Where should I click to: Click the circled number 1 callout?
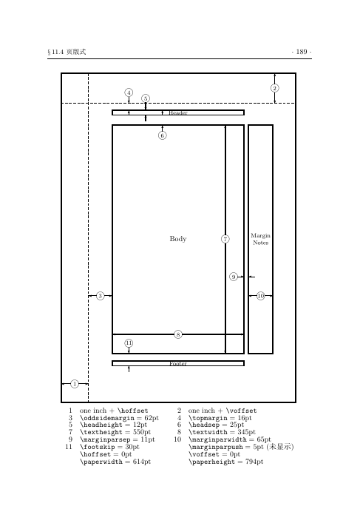[75, 384]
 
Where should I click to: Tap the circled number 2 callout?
[275, 88]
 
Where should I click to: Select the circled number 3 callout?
[101, 296]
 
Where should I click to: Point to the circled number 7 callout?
[225, 239]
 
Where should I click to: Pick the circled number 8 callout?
[178, 334]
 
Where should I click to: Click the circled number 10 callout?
[261, 296]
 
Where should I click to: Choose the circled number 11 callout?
[129, 343]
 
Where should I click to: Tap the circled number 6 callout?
[163, 135]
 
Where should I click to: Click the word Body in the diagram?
[178, 239]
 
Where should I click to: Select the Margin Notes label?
[261, 239]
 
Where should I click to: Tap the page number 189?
[302, 52]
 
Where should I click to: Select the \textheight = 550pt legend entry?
[115, 432]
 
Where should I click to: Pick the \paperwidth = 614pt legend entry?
[115, 462]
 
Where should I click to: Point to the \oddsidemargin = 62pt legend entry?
[119, 418]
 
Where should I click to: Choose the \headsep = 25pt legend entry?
[216, 425]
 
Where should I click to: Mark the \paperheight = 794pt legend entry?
[225, 462]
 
